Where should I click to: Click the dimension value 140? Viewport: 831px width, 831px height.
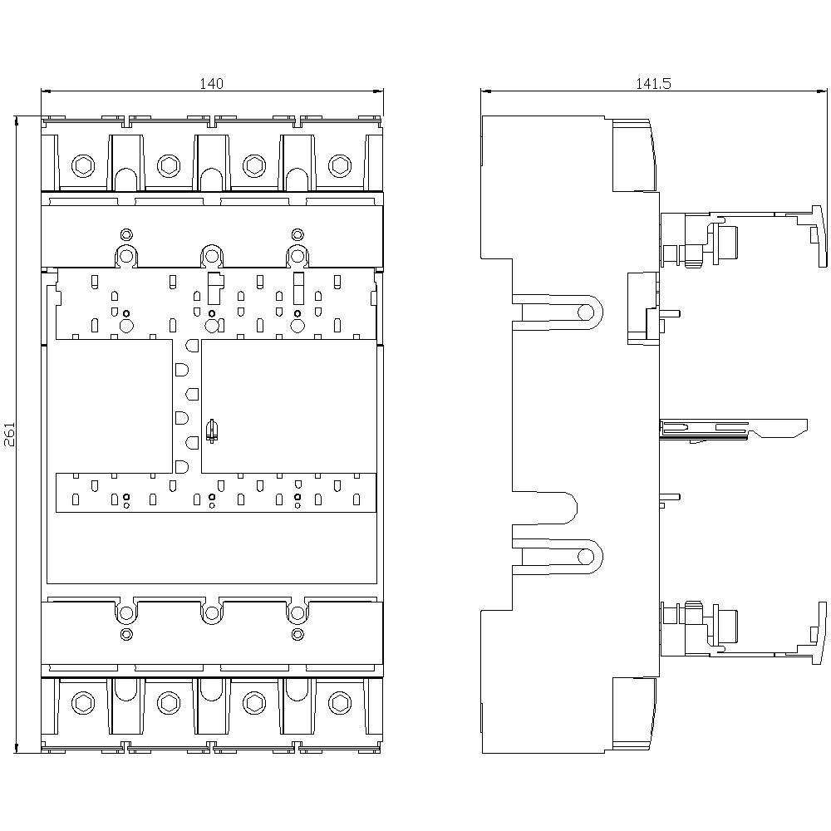click(x=211, y=83)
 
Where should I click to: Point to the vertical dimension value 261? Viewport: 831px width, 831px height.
click(x=9, y=435)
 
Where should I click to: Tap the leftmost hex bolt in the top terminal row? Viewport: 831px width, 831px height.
click(x=83, y=165)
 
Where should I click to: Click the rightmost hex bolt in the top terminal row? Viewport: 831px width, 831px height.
click(x=339, y=165)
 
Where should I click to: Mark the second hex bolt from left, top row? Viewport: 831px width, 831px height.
click(x=168, y=165)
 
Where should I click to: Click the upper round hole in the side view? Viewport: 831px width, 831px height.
click(x=586, y=312)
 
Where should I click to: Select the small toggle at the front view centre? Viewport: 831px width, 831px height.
click(x=211, y=430)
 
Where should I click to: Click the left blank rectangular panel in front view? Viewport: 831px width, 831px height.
click(x=110, y=406)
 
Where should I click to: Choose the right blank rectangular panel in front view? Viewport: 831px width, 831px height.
click(x=288, y=406)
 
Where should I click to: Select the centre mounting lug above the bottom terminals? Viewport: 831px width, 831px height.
click(x=211, y=613)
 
